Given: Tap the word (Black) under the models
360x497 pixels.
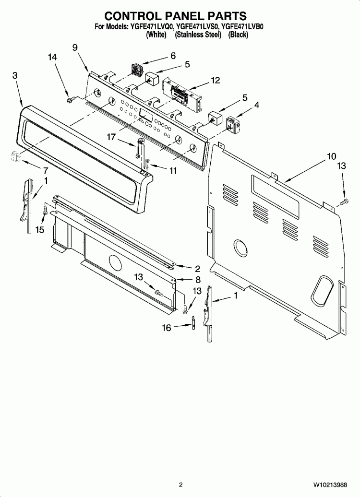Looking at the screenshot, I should (238, 35).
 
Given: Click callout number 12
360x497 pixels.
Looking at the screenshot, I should (215, 81).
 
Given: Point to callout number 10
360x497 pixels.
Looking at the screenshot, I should (332, 156).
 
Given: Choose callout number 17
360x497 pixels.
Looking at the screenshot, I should (111, 137).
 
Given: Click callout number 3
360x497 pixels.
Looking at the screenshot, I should (15, 75).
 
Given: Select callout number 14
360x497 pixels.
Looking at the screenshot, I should (52, 57).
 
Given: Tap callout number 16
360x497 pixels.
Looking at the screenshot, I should (167, 327).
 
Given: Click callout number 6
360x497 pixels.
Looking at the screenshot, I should (173, 55).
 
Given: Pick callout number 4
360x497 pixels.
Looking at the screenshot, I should (257, 104).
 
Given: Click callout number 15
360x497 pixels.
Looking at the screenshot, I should (39, 230).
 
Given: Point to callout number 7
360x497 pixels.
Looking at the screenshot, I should (46, 170).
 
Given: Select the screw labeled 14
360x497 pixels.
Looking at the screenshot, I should (70, 99).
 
